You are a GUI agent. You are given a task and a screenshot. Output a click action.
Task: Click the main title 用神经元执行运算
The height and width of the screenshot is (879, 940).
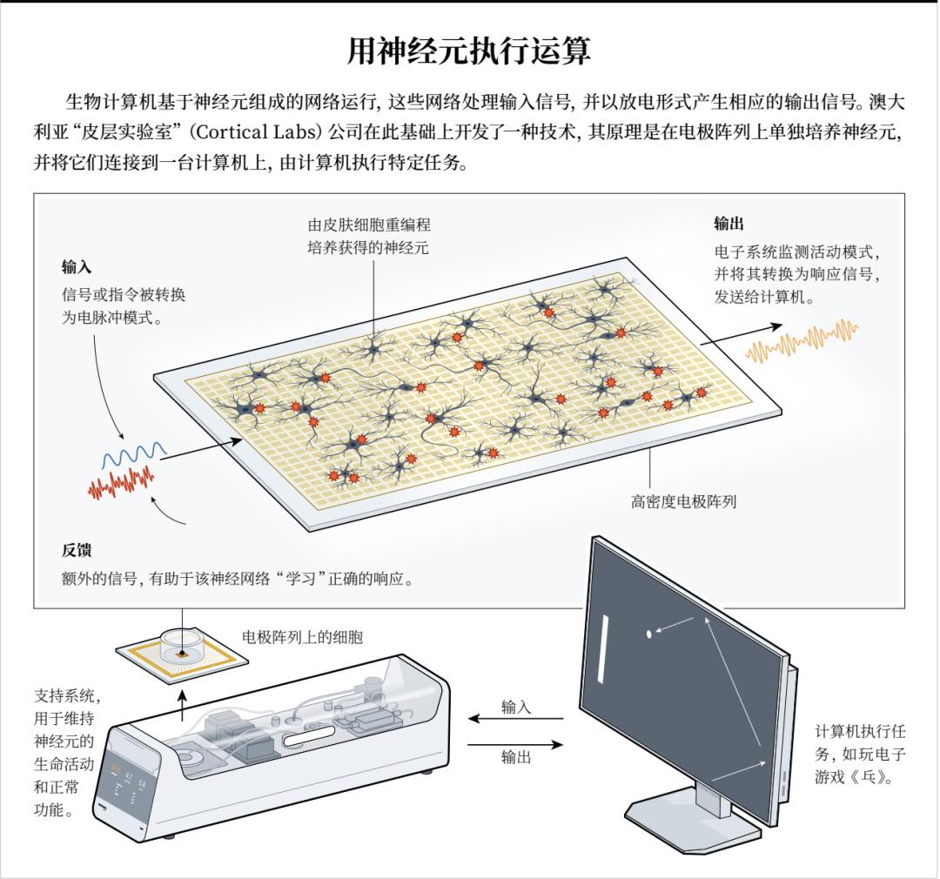click(469, 51)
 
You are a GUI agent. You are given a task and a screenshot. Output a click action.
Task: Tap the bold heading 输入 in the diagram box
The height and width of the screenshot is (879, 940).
click(76, 267)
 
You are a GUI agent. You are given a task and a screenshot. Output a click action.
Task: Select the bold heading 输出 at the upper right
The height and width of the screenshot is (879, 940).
click(728, 224)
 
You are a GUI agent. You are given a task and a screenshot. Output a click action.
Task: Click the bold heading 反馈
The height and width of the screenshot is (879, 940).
click(76, 550)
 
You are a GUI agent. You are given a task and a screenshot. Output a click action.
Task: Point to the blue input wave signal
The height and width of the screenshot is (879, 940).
click(134, 455)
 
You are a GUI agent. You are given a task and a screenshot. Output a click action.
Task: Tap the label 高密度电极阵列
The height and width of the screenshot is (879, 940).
click(683, 501)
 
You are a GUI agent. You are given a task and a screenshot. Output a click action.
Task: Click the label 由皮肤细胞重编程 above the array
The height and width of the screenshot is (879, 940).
click(369, 225)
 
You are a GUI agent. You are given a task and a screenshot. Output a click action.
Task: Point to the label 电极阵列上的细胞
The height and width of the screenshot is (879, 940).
click(302, 637)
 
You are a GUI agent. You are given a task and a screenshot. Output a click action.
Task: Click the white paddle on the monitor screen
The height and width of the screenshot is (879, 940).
click(603, 648)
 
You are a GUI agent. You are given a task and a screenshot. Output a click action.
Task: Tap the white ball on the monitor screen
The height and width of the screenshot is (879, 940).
click(648, 634)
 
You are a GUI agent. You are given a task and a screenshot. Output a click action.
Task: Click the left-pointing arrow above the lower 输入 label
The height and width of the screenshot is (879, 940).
click(515, 718)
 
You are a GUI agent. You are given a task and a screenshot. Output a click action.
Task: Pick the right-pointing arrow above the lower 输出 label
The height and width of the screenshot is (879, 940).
click(515, 745)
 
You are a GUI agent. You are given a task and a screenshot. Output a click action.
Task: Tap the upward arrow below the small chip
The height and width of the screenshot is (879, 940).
click(183, 706)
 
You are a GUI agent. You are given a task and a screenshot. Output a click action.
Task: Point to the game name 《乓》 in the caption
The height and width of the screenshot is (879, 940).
click(867, 778)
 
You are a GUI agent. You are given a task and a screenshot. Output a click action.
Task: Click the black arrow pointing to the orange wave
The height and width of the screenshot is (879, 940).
click(741, 335)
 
